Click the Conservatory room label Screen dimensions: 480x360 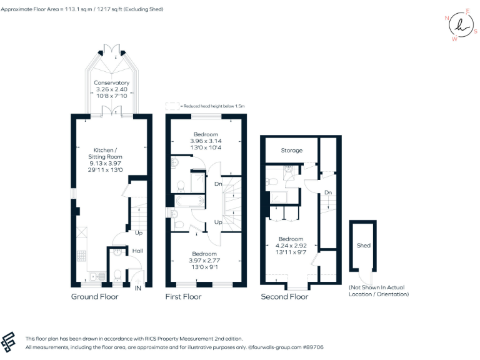coord(111,82)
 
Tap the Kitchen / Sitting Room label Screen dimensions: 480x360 coord(105,153)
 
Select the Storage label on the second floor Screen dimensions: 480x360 coord(292,150)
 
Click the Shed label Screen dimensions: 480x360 coord(364,245)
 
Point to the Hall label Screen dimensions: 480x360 coord(137,251)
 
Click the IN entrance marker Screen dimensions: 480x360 coord(138,288)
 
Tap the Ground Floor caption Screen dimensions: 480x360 coord(94,297)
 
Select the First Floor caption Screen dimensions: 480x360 coord(183,297)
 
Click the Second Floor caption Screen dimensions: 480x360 coord(284,297)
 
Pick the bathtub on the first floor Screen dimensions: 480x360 coord(190,201)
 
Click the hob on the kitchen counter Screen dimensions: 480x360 coord(82,256)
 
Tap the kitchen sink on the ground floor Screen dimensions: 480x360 coord(97,277)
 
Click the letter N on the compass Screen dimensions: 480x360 coord(447,18)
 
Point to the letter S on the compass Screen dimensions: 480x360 coord(476,31)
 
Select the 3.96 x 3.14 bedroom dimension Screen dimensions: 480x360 coord(206,141)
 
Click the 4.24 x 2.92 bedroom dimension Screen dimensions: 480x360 coord(291,246)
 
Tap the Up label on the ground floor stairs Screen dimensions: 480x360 coord(139,233)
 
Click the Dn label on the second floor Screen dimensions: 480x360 coord(328,192)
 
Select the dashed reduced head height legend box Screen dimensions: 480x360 coord(172,106)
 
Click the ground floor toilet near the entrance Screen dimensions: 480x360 coord(117,275)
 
